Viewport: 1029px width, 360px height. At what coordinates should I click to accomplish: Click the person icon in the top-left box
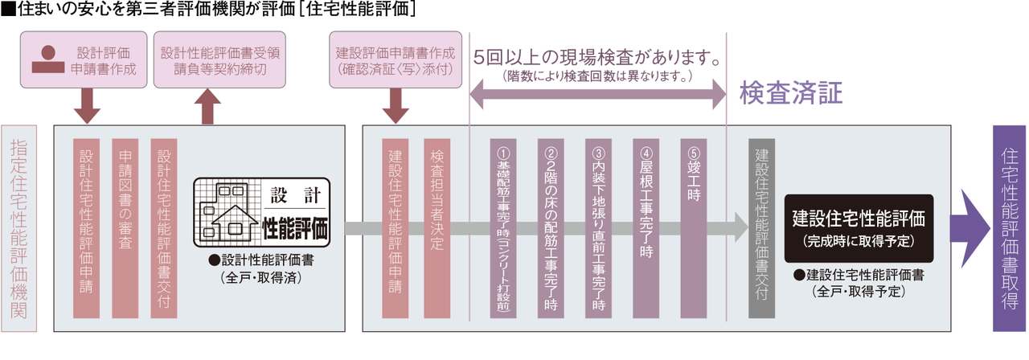pos(47,60)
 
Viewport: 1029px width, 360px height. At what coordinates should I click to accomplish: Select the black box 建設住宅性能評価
pos(859,228)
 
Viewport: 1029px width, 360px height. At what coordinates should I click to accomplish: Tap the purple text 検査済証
pos(791,94)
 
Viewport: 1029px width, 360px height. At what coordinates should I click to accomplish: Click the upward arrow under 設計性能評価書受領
pos(208,106)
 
